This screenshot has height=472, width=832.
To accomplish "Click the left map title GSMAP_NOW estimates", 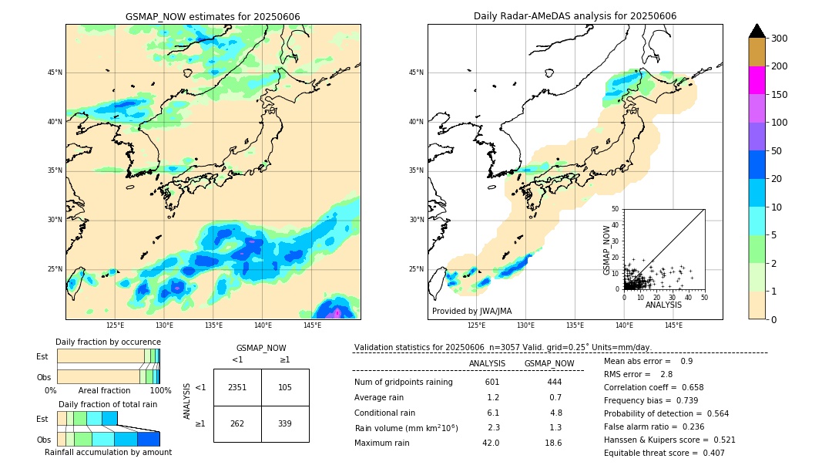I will pyautogui.click(x=213, y=16).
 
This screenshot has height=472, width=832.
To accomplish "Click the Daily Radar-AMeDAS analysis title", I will pyautogui.click(x=575, y=16).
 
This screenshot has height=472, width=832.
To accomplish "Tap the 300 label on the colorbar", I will pyautogui.click(x=778, y=38).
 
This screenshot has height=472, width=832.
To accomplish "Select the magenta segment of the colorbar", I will pyautogui.click(x=757, y=80).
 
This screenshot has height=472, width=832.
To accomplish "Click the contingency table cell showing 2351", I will pyautogui.click(x=237, y=387).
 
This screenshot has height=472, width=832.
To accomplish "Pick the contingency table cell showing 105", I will pyautogui.click(x=285, y=387).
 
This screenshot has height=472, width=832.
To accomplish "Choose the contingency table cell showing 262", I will pyautogui.click(x=237, y=423).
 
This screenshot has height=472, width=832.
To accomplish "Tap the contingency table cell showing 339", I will pyautogui.click(x=285, y=423).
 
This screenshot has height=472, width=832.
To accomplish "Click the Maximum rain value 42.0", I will pyautogui.click(x=491, y=443).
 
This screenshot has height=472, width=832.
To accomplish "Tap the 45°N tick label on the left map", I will pyautogui.click(x=55, y=72).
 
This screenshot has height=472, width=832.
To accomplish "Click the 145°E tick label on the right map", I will pyautogui.click(x=673, y=326).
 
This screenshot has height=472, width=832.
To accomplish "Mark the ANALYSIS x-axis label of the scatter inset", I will pyautogui.click(x=663, y=305).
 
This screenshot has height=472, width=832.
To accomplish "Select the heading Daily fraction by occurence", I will pyautogui.click(x=108, y=342).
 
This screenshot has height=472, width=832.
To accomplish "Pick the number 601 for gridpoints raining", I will pyautogui.click(x=492, y=382).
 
